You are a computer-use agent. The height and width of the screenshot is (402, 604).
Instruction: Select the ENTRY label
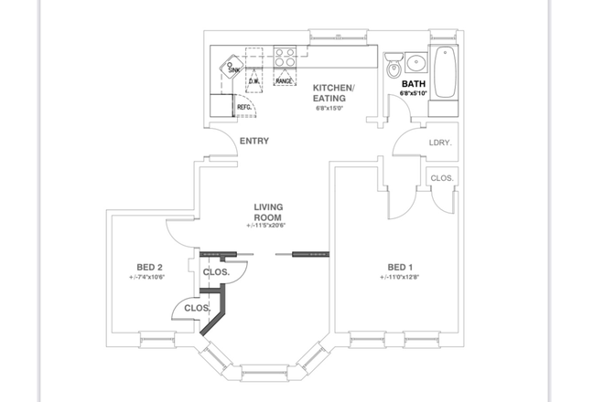click(253, 141)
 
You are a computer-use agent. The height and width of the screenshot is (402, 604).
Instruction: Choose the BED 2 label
click(149, 268)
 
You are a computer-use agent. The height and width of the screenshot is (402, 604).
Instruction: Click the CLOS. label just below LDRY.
click(442, 178)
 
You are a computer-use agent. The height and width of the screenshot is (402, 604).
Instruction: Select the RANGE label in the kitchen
click(285, 81)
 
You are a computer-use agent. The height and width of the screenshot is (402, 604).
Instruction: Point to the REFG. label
click(244, 107)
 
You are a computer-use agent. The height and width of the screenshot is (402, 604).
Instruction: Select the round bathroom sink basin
click(415, 63)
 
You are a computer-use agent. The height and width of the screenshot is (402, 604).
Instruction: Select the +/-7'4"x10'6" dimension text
click(149, 278)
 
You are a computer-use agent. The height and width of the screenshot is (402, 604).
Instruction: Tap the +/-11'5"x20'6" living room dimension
click(266, 226)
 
